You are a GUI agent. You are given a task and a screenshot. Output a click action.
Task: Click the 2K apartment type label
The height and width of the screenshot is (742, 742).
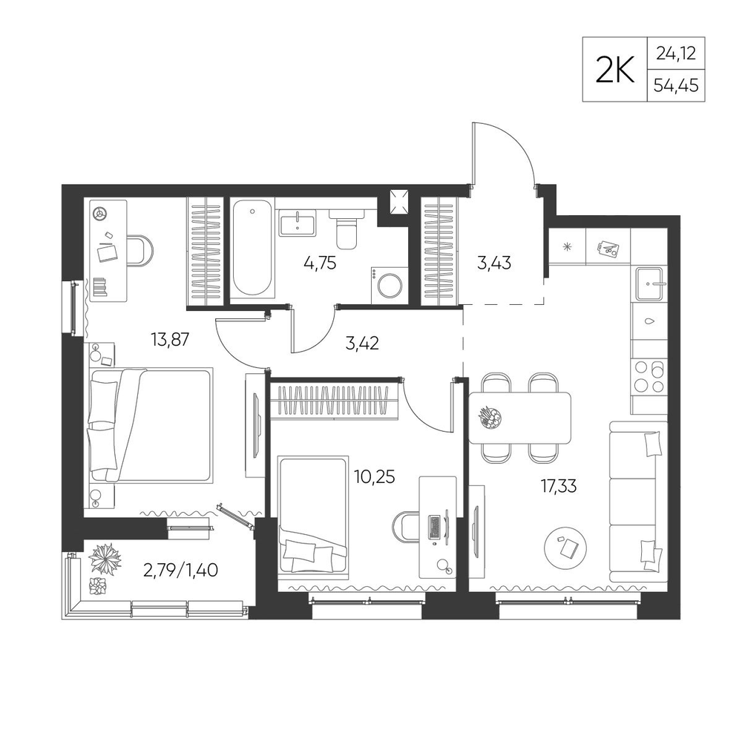(x=614, y=70)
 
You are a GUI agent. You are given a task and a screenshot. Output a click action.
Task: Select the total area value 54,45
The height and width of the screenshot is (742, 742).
(x=676, y=85)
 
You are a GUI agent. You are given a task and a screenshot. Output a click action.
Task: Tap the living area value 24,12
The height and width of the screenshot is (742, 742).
(x=676, y=53)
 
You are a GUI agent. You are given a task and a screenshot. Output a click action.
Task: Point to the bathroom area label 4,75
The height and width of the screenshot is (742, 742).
(x=320, y=263)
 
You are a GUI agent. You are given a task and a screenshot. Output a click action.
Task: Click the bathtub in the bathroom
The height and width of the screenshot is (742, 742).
(x=252, y=249)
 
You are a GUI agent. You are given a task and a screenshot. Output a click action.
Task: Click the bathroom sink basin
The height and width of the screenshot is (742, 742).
(x=298, y=223)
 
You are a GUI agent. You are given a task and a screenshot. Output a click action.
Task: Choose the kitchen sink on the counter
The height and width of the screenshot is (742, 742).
(x=651, y=283)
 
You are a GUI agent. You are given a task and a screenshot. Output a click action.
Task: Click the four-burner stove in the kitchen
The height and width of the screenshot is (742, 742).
(x=649, y=376)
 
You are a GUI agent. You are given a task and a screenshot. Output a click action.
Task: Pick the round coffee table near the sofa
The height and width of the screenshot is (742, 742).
(x=566, y=548)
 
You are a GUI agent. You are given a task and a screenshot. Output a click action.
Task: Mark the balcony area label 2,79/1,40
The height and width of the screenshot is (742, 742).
(x=180, y=571)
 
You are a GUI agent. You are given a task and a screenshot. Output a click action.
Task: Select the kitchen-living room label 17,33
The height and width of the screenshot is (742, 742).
(x=559, y=486)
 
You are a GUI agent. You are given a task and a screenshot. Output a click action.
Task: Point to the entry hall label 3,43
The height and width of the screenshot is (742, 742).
(x=494, y=263)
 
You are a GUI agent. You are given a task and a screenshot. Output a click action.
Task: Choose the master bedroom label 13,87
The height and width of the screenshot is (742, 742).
(x=169, y=339)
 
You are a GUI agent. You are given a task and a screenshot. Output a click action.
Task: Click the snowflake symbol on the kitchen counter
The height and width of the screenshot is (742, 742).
(x=567, y=246)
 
